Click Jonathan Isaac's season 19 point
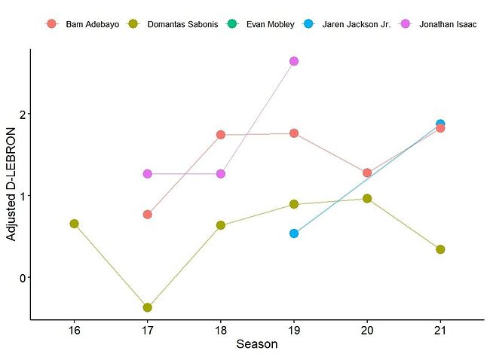tap(294, 61)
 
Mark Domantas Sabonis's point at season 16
tap(74, 224)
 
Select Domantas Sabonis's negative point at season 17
tap(147, 307)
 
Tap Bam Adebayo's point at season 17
tap(148, 215)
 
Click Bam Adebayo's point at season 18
tap(221, 135)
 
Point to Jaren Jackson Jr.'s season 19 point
tap(294, 233)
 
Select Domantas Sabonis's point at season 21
tap(440, 249)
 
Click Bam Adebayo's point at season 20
tap(367, 172)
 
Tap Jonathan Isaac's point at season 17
tap(147, 174)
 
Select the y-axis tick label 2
tap(23, 114)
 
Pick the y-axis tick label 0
tap(23, 278)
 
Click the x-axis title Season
tap(257, 345)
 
